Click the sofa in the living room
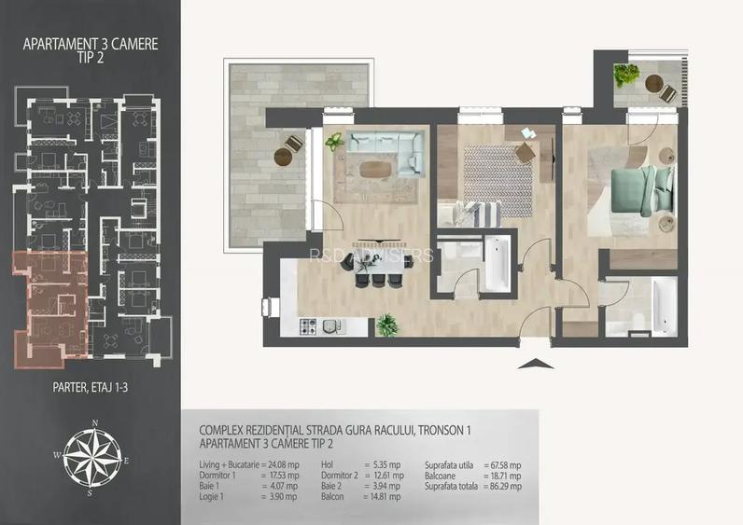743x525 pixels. [385, 150]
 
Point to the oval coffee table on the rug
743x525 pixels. [375, 169]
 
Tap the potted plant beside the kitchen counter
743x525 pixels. [386, 325]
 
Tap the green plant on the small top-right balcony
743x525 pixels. [623, 76]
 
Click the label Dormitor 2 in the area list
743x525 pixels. [340, 476]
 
